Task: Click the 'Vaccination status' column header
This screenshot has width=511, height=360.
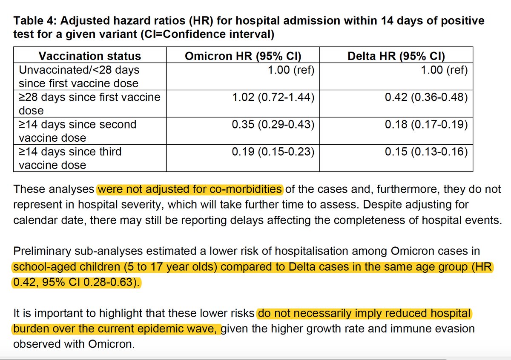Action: tap(89, 56)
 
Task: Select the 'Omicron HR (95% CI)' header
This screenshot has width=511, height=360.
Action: tap(243, 56)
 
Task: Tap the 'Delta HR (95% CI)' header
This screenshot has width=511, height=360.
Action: tap(396, 56)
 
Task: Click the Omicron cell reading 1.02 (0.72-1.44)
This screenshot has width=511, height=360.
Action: tap(273, 97)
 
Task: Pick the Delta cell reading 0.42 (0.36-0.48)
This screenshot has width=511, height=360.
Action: tap(426, 97)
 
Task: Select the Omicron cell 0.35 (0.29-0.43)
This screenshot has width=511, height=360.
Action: tap(273, 124)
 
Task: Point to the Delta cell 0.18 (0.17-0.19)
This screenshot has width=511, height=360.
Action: tap(426, 124)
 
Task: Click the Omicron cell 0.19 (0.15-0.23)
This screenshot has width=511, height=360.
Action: tap(273, 151)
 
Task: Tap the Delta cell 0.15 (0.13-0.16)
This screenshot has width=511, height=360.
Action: tap(426, 151)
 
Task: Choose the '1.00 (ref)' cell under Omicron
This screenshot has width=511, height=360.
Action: tap(291, 70)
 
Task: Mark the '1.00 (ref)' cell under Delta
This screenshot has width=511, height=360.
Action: tap(444, 70)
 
